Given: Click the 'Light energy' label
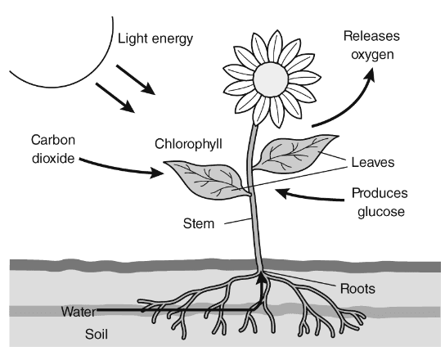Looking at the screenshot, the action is tap(155, 39).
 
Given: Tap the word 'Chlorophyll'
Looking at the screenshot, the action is tap(188, 144).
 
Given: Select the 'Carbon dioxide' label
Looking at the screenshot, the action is tap(53, 149).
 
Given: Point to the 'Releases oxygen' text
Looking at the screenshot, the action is tap(371, 45).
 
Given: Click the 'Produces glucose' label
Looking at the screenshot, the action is tap(380, 202).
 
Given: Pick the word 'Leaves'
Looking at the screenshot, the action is tap(373, 162).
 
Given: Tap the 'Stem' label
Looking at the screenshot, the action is tap(199, 223).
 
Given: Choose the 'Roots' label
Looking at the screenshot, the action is tap(357, 289).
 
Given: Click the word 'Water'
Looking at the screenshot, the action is tap(79, 312).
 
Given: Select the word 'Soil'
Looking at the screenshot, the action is tap(97, 334).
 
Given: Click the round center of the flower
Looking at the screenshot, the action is tap(271, 79).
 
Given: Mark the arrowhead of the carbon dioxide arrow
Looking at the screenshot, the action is tap(157, 173).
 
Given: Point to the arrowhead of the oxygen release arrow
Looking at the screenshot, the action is tap(370, 74).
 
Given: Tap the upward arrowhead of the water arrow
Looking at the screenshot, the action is tap(262, 277).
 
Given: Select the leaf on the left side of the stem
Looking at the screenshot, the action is tap(206, 179).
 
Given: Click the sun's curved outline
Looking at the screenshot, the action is tap(93, 70).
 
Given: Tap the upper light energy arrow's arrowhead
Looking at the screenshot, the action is tap(148, 88).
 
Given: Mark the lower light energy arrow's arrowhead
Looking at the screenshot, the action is tap(128, 106).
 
